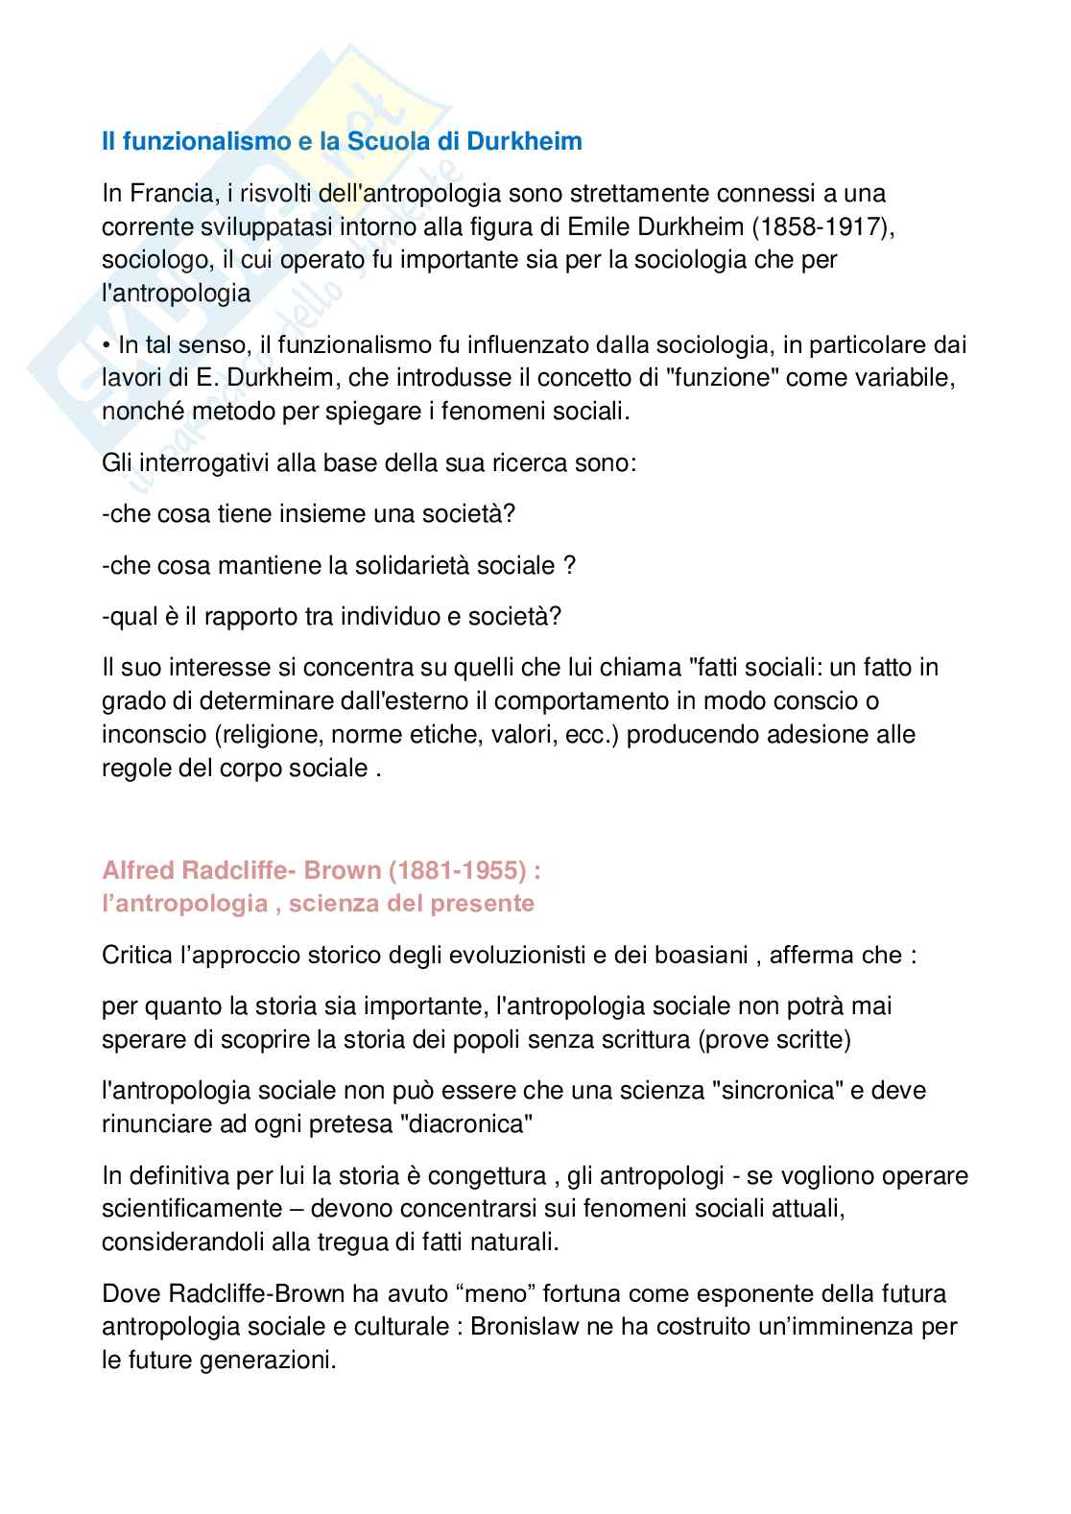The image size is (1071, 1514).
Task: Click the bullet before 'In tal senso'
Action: click(x=107, y=344)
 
